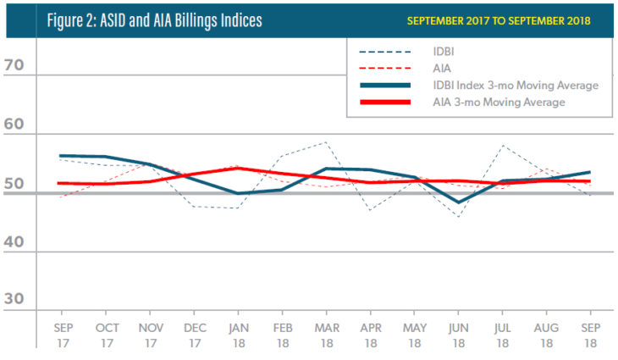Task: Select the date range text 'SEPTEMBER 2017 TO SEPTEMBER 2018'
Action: pyautogui.click(x=498, y=19)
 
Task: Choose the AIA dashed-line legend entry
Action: pyautogui.click(x=453, y=69)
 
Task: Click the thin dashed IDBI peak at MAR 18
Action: pyautogui.click(x=326, y=142)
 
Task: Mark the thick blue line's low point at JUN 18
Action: pyautogui.click(x=458, y=202)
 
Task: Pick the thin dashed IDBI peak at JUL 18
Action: pyautogui.click(x=502, y=145)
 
